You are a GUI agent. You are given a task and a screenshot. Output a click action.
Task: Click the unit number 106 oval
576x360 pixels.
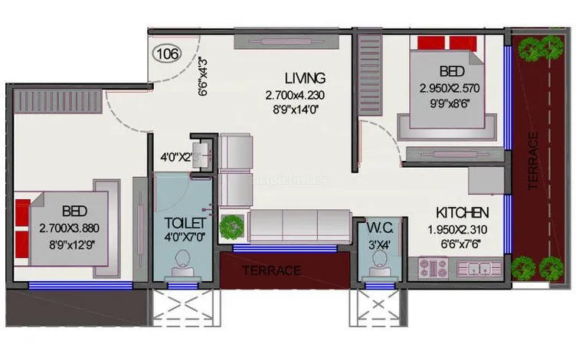169,54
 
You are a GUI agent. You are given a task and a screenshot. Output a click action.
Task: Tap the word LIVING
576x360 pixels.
305,78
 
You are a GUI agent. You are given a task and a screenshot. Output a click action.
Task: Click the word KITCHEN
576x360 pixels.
463,212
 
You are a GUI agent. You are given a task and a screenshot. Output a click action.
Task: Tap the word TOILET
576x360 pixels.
185,223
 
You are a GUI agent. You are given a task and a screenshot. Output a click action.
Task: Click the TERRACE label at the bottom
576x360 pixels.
271,270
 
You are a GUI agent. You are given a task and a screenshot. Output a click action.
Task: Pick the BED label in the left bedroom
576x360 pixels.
75,211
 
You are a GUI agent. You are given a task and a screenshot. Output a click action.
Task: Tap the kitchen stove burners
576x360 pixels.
434,268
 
